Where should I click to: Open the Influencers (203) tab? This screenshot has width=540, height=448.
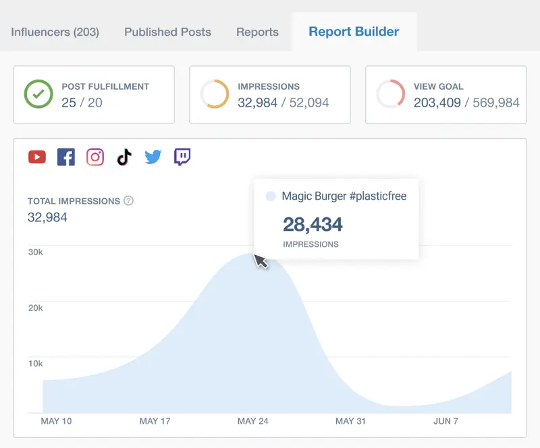click(x=55, y=32)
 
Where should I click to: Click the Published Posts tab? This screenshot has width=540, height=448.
click(x=167, y=32)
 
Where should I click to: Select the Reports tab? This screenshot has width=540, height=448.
click(x=257, y=32)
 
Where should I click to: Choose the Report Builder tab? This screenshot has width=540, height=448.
click(x=354, y=31)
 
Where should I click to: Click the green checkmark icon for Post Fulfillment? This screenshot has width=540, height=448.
click(x=38, y=94)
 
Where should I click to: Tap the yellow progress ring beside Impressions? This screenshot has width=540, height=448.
click(x=215, y=94)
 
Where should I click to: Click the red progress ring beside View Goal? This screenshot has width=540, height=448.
click(x=390, y=94)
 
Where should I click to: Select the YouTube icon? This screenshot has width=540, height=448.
click(x=37, y=157)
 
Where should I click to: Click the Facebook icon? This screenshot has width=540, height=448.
click(x=66, y=157)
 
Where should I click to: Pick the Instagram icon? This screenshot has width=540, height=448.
click(x=95, y=157)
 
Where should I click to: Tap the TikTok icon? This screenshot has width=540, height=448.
click(x=124, y=157)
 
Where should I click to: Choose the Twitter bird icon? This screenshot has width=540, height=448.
click(x=153, y=157)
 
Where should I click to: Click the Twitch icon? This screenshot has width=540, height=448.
click(x=182, y=157)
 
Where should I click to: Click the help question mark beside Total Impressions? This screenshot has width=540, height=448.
click(x=128, y=201)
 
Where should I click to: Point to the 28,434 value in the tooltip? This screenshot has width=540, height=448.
click(x=313, y=224)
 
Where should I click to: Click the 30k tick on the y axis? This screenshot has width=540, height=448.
click(x=35, y=252)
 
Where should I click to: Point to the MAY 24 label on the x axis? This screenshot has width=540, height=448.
click(x=252, y=421)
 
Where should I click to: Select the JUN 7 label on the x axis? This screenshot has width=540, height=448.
click(x=446, y=421)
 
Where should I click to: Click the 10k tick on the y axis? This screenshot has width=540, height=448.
click(x=35, y=364)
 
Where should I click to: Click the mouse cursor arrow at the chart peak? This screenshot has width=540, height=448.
click(x=261, y=260)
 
